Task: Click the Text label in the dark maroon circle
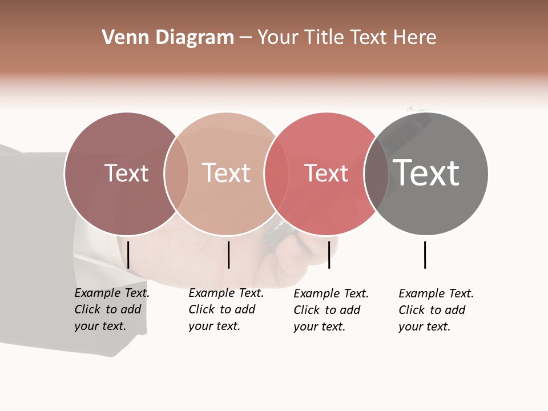pos(126,173)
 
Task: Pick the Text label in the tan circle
pos(227,173)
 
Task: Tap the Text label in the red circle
pos(327,173)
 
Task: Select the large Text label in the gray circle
pos(426,173)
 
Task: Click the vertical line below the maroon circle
pos(128,255)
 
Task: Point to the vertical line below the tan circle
pos(228,255)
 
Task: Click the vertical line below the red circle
pos(329,255)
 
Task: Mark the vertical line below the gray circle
pos(425,255)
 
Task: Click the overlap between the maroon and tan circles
pos(176,174)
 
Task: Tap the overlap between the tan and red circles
pos(277,174)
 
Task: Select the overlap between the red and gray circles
pos(377,174)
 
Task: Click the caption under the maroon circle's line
pos(111,309)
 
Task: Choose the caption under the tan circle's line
pos(225,309)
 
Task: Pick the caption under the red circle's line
pos(331,310)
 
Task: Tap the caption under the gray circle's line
pos(436,310)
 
